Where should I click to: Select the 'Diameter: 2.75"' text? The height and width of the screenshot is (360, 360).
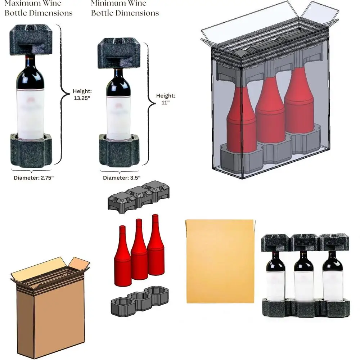point(33,178)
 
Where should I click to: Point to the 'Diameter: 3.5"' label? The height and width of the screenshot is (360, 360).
point(121,177)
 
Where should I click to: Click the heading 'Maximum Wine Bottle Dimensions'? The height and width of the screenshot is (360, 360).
point(39,8)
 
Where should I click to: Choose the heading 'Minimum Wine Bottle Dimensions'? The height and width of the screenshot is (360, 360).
point(125,8)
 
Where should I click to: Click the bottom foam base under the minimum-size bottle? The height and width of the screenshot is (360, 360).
point(119,149)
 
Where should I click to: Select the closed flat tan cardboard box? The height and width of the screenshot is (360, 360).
point(220,261)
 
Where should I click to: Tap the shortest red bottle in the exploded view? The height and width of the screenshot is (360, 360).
point(122,257)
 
